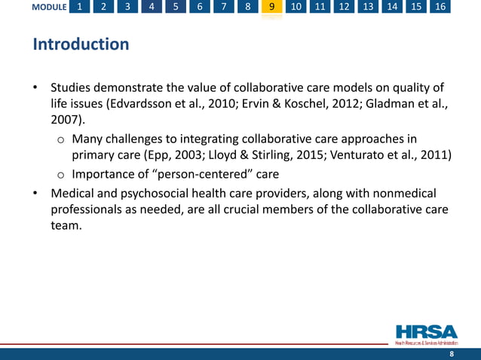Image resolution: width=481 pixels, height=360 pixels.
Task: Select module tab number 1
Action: [80, 8]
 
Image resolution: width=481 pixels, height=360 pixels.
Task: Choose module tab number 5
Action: [176, 8]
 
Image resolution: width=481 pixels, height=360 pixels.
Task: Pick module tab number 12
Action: [345, 8]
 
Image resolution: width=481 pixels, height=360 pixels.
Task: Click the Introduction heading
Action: [81, 44]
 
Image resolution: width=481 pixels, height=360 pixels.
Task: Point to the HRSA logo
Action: [426, 334]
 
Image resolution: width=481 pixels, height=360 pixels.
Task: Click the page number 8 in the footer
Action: [451, 353]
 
